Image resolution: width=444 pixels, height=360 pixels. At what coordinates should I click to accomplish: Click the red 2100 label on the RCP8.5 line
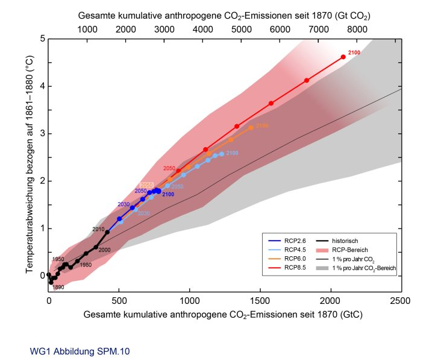coord(354,54)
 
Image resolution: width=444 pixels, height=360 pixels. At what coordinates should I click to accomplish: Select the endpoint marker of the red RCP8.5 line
coord(343,57)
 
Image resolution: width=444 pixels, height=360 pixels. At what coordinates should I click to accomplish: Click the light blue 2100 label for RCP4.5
coord(233,154)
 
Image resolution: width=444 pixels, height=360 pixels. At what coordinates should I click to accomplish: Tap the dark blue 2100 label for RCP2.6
coord(168,194)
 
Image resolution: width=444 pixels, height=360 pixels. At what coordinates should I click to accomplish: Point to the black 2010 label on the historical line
coord(98,229)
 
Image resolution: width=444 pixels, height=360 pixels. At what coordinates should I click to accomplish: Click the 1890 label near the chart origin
coord(58,288)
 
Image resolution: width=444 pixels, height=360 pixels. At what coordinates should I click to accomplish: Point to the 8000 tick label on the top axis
coord(357,28)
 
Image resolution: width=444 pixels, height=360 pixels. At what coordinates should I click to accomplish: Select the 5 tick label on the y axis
coord(43,39)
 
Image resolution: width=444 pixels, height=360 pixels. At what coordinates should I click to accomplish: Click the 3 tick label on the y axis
coord(43,133)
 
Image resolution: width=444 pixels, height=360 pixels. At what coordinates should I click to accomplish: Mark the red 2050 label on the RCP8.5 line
coord(169,168)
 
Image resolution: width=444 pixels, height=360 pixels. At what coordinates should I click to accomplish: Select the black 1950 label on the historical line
coord(58,259)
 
